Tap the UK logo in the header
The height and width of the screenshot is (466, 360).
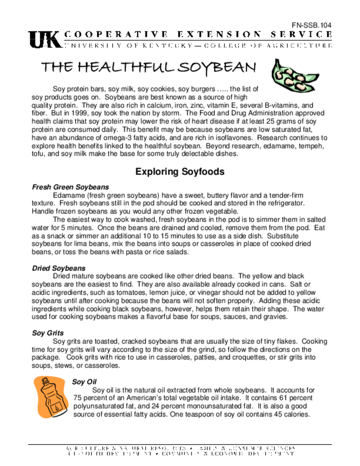45,40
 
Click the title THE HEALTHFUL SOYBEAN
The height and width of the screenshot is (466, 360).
148,68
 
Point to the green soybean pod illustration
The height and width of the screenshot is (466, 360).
294,75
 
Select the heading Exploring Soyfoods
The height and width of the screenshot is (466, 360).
180,172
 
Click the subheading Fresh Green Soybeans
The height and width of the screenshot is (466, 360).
70,187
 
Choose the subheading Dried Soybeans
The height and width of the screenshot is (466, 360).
59,268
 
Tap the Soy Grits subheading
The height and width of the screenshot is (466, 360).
48,333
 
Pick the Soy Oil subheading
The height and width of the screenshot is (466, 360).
84,382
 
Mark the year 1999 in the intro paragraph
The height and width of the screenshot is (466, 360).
77,113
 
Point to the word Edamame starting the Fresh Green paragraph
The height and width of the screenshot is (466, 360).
67,195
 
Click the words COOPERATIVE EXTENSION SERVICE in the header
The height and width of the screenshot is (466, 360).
198,35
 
